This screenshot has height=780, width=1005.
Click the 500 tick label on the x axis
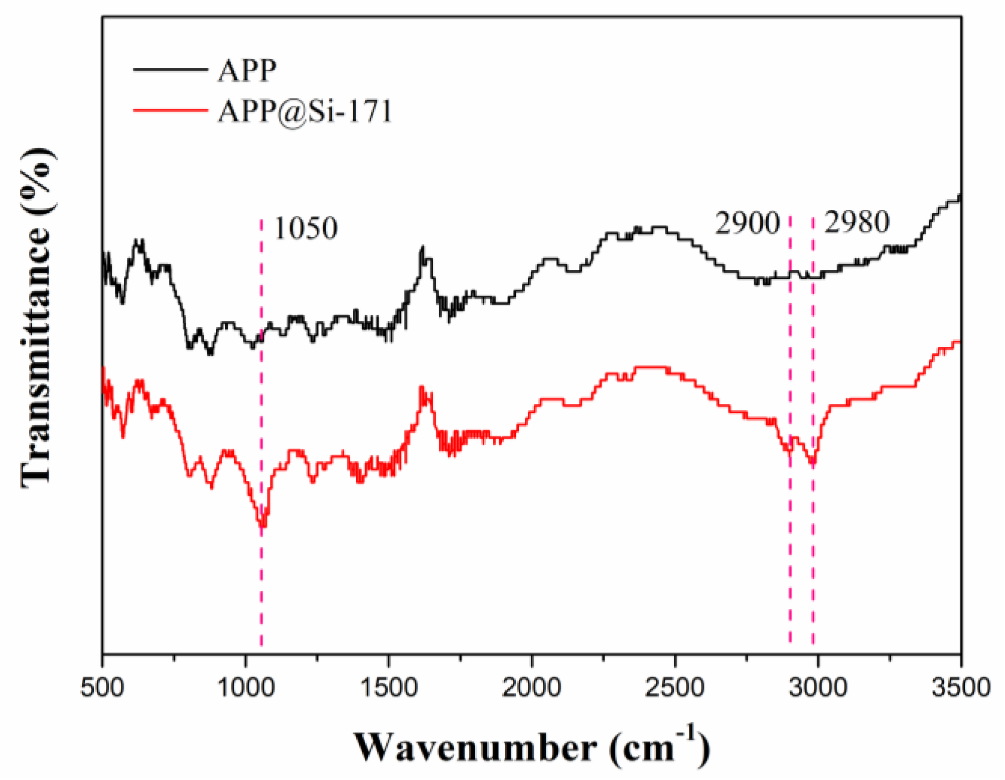pyautogui.click(x=102, y=687)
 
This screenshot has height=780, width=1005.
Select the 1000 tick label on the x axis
pyautogui.click(x=245, y=687)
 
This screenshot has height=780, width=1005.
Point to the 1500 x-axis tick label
pyautogui.click(x=388, y=687)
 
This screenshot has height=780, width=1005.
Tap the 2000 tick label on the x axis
pyautogui.click(x=531, y=687)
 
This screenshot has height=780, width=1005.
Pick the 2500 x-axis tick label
pyautogui.click(x=674, y=687)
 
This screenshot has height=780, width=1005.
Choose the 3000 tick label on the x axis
pyautogui.click(x=818, y=687)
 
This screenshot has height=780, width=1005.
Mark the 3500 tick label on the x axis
pyautogui.click(x=961, y=687)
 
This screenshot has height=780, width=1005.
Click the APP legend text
pyautogui.click(x=247, y=70)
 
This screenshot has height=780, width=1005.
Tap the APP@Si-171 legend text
pyautogui.click(x=305, y=111)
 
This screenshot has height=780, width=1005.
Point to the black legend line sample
pyautogui.click(x=170, y=70)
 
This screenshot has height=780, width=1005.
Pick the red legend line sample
pyautogui.click(x=170, y=110)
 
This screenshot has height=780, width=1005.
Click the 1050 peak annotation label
pyautogui.click(x=306, y=228)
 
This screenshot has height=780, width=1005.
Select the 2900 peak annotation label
pyautogui.click(x=747, y=222)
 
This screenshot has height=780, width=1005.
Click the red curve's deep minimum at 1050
pyautogui.click(x=262, y=526)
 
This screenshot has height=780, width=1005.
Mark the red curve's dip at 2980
pyautogui.click(x=813, y=463)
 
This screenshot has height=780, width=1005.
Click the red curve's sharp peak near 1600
pyautogui.click(x=422, y=387)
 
